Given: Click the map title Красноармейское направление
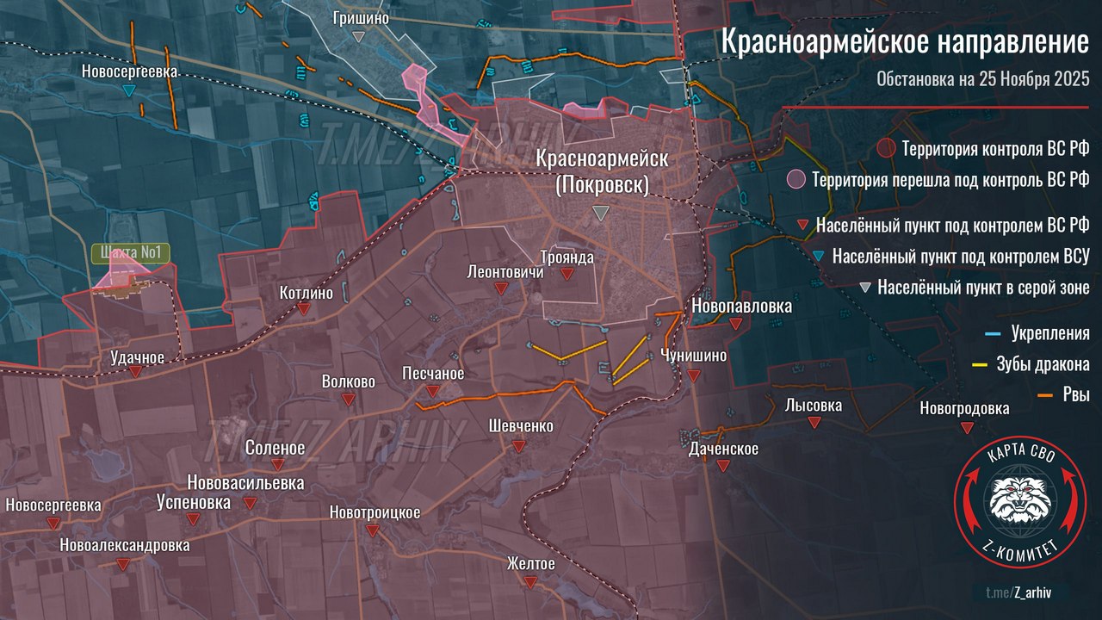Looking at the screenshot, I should click(x=904, y=41).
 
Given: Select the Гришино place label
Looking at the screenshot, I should click(x=362, y=17).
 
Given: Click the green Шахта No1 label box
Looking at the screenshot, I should click(x=132, y=253).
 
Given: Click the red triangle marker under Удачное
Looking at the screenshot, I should click(x=136, y=371).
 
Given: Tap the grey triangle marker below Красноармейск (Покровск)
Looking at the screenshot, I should click(x=600, y=213).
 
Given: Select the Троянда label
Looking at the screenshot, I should click(x=567, y=257).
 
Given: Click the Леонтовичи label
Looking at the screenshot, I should click(x=505, y=271).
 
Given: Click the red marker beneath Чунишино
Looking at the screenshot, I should click(x=694, y=375).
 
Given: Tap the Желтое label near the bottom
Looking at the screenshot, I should click(x=530, y=563).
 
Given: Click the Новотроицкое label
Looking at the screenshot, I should click(x=375, y=512).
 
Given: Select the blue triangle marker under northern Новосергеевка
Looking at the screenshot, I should click(x=128, y=90).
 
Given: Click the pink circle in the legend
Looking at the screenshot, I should click(x=797, y=180).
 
